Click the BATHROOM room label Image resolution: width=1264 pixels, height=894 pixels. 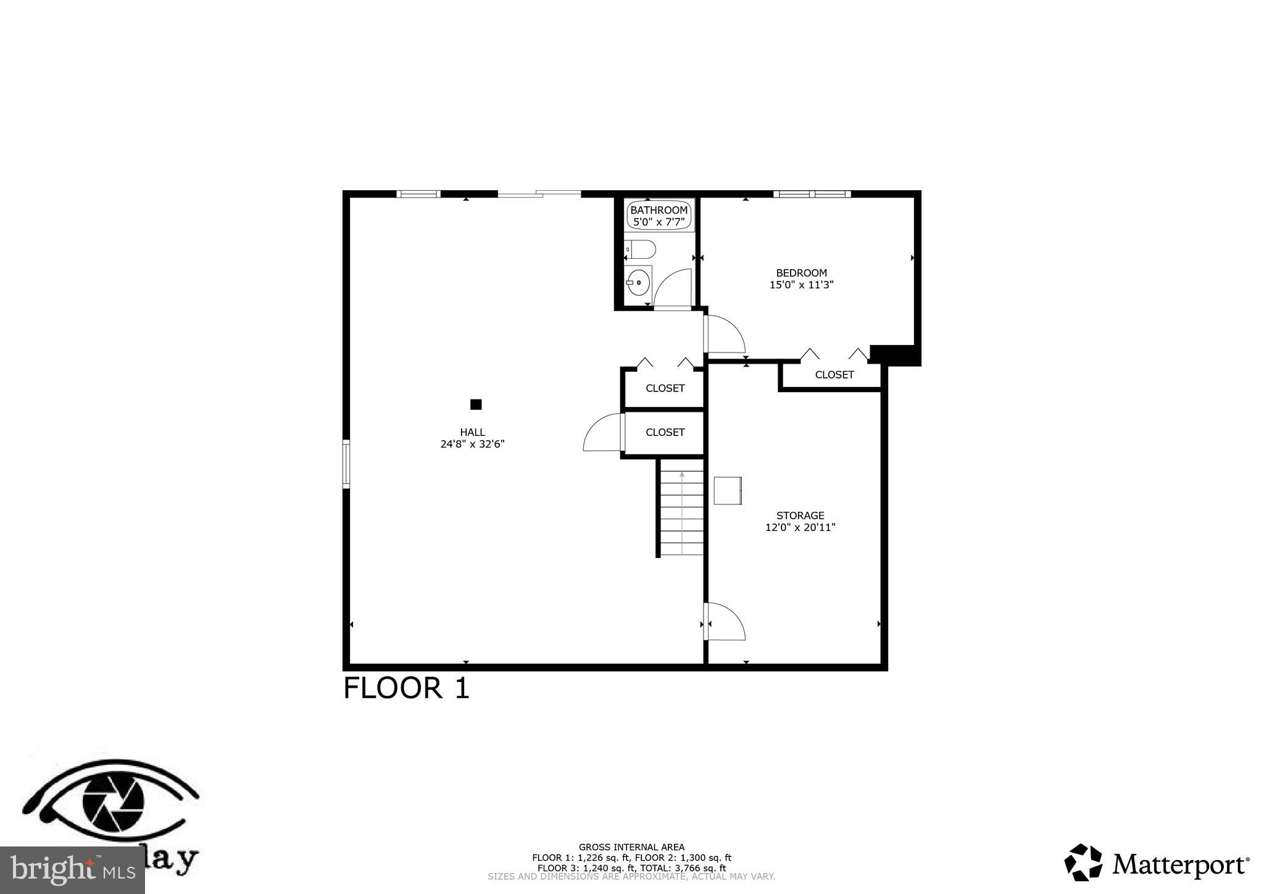pyautogui.click(x=659, y=211)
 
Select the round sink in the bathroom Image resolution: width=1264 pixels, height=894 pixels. pyautogui.click(x=639, y=283)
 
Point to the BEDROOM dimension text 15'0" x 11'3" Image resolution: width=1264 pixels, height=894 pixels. pyautogui.click(x=801, y=285)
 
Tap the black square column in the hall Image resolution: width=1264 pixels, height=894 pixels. pyautogui.click(x=476, y=404)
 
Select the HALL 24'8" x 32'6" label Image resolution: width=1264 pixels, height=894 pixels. pyautogui.click(x=472, y=438)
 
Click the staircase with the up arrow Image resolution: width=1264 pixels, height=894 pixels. pyautogui.click(x=681, y=512)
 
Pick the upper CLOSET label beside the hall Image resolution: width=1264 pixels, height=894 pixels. pyautogui.click(x=665, y=388)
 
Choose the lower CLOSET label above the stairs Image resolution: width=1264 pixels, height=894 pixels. pyautogui.click(x=665, y=432)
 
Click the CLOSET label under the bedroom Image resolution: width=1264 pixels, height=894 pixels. pyautogui.click(x=834, y=375)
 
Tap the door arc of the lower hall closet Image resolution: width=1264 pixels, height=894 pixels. pyautogui.click(x=602, y=432)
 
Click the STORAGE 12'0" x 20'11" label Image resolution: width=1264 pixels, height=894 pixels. pyautogui.click(x=800, y=521)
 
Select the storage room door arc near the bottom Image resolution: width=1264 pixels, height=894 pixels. pyautogui.click(x=726, y=621)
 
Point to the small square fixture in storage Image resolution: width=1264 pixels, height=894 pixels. pyautogui.click(x=728, y=491)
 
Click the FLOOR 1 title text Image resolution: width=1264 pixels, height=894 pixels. pyautogui.click(x=406, y=688)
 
